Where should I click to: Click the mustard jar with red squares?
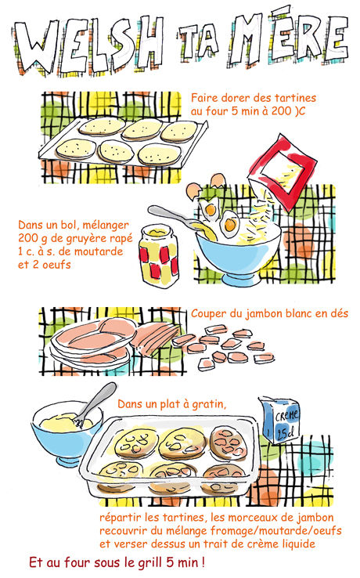[x=159, y=255]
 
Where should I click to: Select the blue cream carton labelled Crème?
[x=279, y=421]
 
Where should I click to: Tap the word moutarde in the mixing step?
[x=99, y=251]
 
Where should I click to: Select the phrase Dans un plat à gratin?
[x=171, y=404]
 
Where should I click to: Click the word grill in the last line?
[x=150, y=562]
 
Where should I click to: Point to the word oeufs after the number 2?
[x=56, y=264]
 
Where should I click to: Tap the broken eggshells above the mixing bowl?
[x=204, y=186]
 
